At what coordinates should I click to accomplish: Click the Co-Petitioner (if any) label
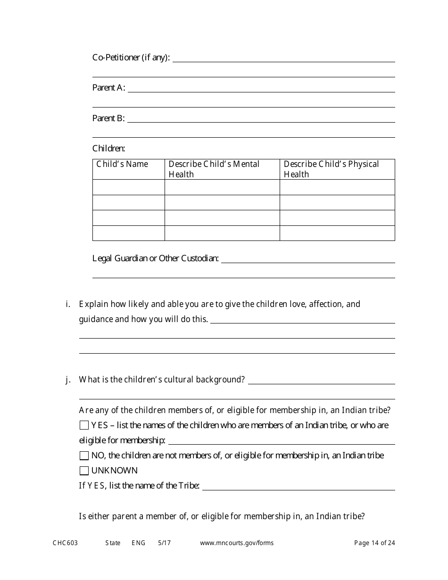[x=131, y=58]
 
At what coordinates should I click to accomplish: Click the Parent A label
[x=109, y=88]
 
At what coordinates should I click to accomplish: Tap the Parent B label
[x=108, y=118]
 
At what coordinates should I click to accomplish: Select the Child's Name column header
[x=122, y=164]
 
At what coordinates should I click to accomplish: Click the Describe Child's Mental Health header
[x=214, y=169]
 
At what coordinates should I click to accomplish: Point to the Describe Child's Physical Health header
[x=331, y=169]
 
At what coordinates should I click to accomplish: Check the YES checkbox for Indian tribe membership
[x=84, y=425]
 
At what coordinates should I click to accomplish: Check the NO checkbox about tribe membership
[x=84, y=456]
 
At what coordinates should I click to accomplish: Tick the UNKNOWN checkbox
[x=84, y=471]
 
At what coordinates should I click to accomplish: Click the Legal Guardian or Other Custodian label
[x=156, y=258]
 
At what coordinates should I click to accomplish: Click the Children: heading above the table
[x=109, y=149]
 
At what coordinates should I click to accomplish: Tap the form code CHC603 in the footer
[x=65, y=543]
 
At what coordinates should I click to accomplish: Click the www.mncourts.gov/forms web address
[x=237, y=543]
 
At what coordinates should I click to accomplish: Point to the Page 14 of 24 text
[x=374, y=543]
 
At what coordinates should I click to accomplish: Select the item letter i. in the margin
[x=68, y=304]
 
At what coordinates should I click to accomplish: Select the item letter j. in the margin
[x=68, y=380]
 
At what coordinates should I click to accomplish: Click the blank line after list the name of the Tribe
[x=298, y=487]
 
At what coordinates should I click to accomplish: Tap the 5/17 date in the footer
[x=165, y=543]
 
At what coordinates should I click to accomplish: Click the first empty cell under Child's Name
[x=128, y=187]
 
